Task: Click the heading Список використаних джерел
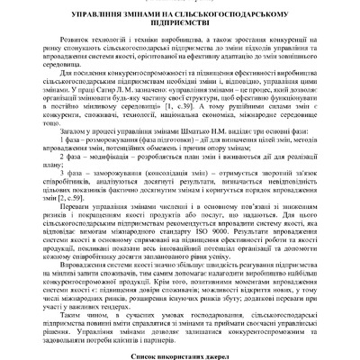click(180, 356)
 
